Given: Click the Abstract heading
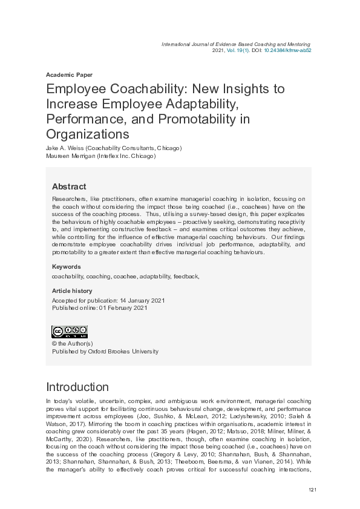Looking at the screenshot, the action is pyautogui.click(x=69, y=186).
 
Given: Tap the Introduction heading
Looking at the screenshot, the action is pyautogui.click(x=77, y=387).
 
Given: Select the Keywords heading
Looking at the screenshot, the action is pyautogui.click(x=66, y=266).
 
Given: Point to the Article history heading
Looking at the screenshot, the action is pyautogui.click(x=72, y=291).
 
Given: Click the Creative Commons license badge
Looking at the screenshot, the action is pyautogui.click(x=70, y=332).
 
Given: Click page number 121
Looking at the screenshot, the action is pyautogui.click(x=313, y=489).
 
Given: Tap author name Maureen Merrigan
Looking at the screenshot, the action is pyautogui.click(x=70, y=156).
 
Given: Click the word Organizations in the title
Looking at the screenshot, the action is pyautogui.click(x=88, y=133).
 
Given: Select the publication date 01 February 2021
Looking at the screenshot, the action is pyautogui.click(x=127, y=307).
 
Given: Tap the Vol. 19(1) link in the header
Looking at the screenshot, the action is pyautogui.click(x=238, y=51).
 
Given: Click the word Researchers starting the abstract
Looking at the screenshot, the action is pyautogui.click(x=70, y=199).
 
